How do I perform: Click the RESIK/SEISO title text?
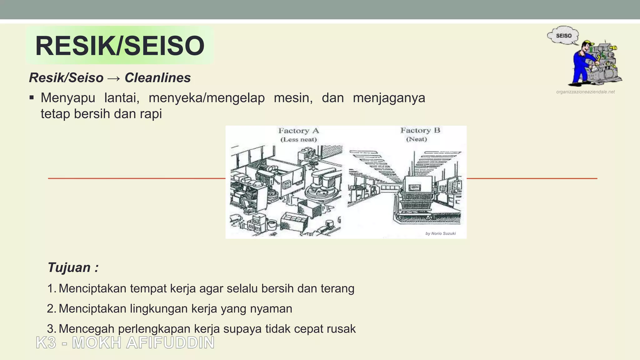click(120, 46)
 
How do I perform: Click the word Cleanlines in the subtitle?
click(157, 78)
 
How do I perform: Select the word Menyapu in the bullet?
click(68, 98)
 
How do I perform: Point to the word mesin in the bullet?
click(293, 98)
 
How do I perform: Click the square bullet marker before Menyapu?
click(32, 98)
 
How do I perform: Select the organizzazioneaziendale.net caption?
click(585, 92)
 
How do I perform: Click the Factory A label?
click(298, 131)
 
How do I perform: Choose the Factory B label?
click(420, 130)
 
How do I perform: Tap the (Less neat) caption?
click(298, 139)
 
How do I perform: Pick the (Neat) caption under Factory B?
click(416, 139)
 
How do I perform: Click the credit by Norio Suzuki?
click(440, 233)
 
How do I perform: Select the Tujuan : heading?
click(73, 267)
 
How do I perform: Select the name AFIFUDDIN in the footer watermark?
click(170, 343)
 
